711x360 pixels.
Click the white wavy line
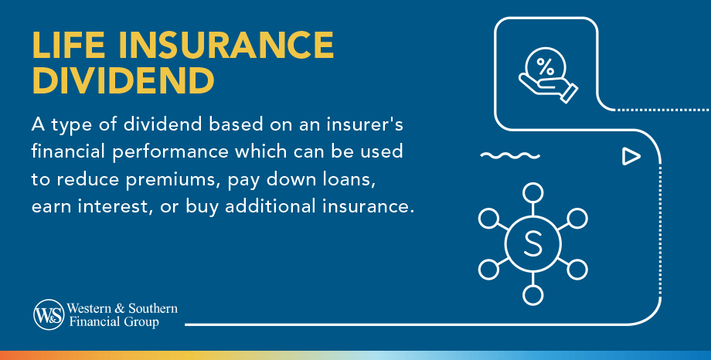point(509,157)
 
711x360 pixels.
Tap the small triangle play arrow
point(631,157)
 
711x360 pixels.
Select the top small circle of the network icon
point(532,192)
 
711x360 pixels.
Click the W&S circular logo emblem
point(48,314)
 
